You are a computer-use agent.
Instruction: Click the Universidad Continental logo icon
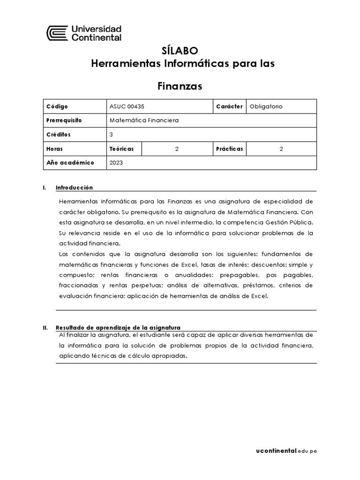point(57,34)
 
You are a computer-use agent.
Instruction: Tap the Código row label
point(57,106)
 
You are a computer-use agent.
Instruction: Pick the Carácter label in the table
point(229,106)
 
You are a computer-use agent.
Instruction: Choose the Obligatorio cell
point(266,106)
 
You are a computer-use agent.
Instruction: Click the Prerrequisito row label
point(64,120)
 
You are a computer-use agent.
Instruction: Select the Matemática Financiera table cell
point(144,120)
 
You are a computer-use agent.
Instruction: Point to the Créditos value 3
point(111,135)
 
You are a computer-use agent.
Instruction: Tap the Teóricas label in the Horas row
point(121,149)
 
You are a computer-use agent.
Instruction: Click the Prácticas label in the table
point(230,149)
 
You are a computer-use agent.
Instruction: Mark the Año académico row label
point(70,163)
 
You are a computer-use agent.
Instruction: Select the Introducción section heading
point(74,187)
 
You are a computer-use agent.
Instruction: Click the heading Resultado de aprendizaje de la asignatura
point(118,327)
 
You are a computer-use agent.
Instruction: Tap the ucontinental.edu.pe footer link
point(286,451)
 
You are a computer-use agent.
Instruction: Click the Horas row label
point(55,149)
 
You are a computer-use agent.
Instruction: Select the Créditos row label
point(59,135)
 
